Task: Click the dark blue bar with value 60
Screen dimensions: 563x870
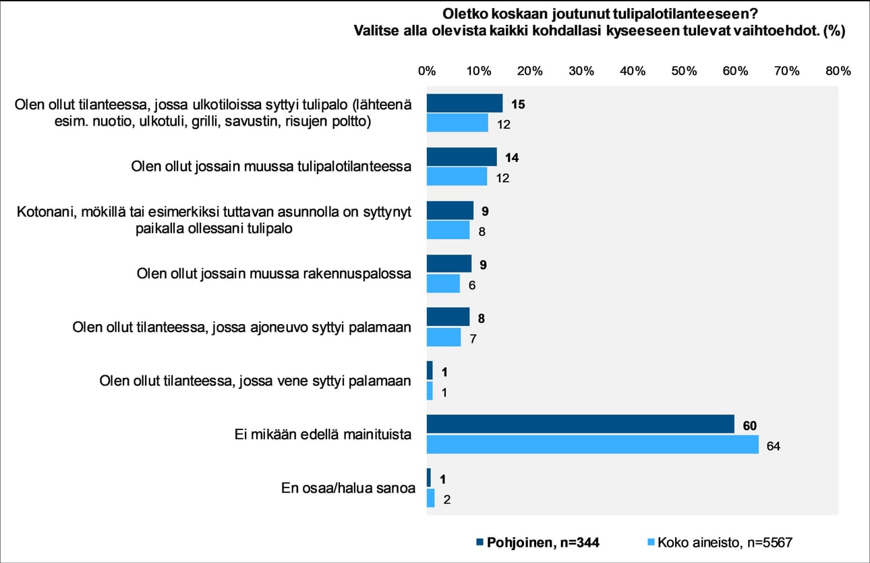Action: coord(580,424)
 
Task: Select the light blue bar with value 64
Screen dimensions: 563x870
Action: coord(593,444)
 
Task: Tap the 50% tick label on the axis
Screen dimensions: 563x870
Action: coord(683,71)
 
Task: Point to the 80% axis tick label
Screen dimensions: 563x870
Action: coord(838,71)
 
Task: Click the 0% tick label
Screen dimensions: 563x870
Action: coord(426,71)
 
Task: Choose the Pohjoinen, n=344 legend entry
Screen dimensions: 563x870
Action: coord(538,541)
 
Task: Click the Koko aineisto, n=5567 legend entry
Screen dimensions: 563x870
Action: coord(722,541)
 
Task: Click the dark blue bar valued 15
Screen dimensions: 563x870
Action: coord(465,103)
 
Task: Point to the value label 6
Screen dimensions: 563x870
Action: coord(472,286)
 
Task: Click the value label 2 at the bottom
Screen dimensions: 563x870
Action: coord(447,500)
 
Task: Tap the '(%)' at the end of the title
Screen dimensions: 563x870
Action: coord(833,30)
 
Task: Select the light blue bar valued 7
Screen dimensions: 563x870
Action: coord(444,337)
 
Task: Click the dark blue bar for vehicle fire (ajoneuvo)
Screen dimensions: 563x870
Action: coord(448,317)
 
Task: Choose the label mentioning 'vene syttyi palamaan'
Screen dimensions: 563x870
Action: coord(255,381)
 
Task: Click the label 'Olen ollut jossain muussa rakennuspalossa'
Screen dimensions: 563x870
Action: coord(274,274)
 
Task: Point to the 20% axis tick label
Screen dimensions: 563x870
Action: coord(529,71)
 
